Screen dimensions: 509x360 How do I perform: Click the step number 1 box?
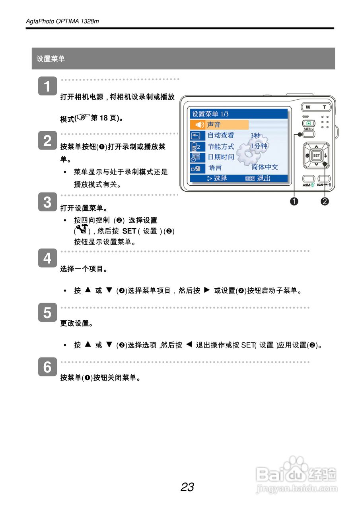(x=47, y=86)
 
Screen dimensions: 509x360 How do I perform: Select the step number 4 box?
(x=47, y=258)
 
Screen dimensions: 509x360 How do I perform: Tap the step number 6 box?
(x=47, y=367)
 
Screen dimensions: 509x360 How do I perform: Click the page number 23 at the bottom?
(x=187, y=487)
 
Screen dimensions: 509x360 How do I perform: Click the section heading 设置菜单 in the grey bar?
(x=51, y=59)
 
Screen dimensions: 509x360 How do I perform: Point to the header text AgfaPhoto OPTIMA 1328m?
(x=62, y=21)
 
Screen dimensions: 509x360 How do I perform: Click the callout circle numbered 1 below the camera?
(x=294, y=201)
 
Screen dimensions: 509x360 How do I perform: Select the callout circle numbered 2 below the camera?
(x=325, y=201)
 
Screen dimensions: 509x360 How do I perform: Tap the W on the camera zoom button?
(x=308, y=107)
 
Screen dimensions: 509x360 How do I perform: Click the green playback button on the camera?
(x=308, y=124)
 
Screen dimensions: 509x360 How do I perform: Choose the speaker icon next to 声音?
(x=199, y=125)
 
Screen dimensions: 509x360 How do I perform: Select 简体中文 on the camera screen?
(x=265, y=167)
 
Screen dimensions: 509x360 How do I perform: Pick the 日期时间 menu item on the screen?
(x=221, y=157)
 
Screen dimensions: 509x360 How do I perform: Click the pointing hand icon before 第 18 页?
(x=84, y=117)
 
